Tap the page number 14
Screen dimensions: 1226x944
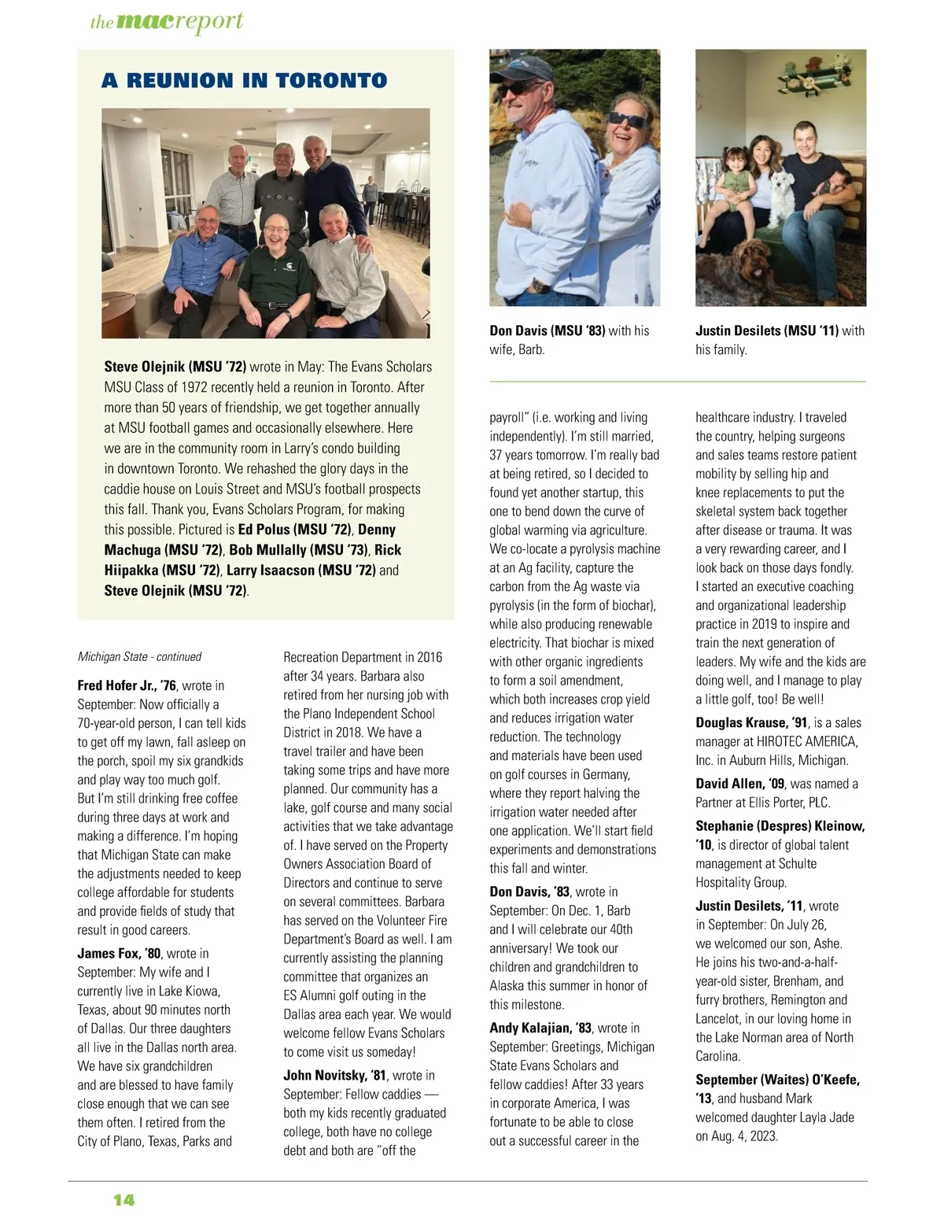pyautogui.click(x=124, y=1199)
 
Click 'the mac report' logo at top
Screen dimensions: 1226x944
pyautogui.click(x=167, y=21)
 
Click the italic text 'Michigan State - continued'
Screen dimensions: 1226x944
pyautogui.click(x=139, y=656)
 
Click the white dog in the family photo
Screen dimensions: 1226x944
pyautogui.click(x=782, y=197)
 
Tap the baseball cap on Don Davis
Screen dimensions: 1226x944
pyautogui.click(x=519, y=68)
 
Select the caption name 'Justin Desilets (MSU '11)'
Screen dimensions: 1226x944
pyautogui.click(x=767, y=331)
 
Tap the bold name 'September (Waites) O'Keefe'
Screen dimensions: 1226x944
pyautogui.click(x=777, y=1080)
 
